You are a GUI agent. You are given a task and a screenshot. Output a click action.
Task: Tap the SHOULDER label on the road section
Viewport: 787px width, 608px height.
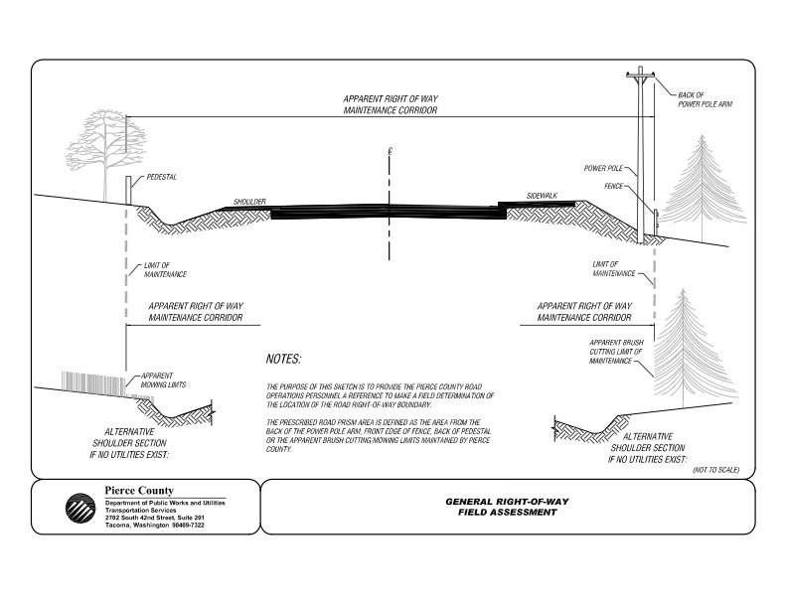coord(250,202)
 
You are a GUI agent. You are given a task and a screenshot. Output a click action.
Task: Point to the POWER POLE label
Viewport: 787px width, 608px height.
coord(604,169)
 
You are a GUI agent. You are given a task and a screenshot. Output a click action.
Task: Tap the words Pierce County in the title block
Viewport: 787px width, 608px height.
coord(138,491)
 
